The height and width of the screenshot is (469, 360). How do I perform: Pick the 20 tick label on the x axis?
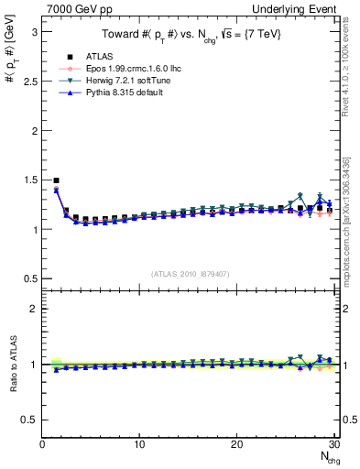tap(236, 444)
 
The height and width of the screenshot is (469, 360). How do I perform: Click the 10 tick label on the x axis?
tap(139, 444)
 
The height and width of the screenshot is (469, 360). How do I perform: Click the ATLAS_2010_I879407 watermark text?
tap(190, 273)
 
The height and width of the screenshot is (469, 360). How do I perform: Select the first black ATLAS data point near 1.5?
tap(56, 180)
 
